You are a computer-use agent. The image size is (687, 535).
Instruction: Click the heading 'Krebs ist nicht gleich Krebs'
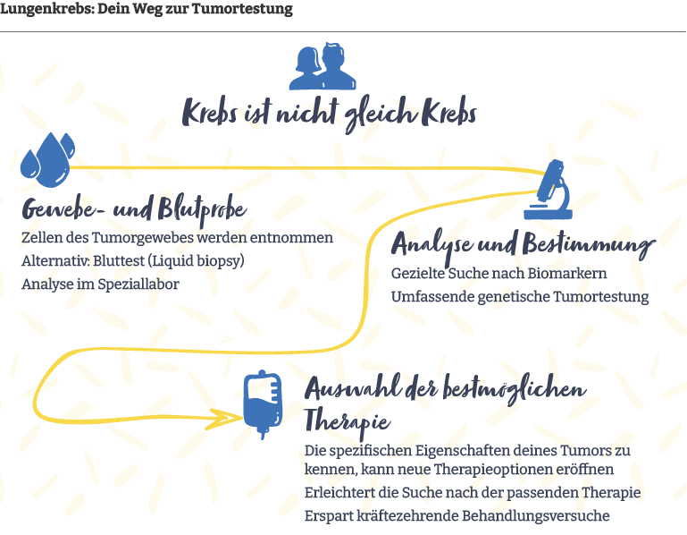[329, 115]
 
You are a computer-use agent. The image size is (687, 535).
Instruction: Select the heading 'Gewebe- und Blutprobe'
[134, 209]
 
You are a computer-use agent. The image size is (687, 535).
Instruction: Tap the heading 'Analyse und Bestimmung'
[524, 245]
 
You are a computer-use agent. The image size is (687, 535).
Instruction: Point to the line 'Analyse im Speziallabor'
[100, 284]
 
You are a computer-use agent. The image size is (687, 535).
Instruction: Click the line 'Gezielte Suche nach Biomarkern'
[499, 273]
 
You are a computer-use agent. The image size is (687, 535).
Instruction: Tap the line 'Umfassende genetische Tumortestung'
[520, 296]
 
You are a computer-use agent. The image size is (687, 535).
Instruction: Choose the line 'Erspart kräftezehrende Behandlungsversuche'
[457, 516]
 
